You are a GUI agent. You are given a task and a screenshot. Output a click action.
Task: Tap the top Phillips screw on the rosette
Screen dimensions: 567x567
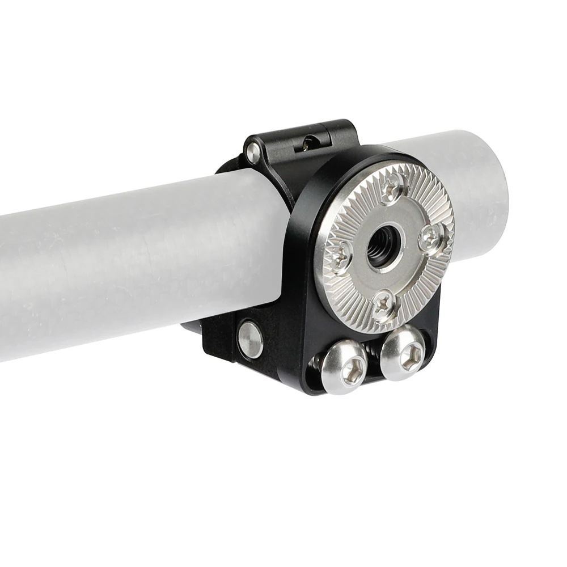tap(393, 188)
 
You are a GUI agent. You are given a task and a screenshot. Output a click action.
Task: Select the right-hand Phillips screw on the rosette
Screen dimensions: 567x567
tap(431, 238)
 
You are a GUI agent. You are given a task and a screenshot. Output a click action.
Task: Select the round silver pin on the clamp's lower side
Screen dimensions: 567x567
tap(250, 339)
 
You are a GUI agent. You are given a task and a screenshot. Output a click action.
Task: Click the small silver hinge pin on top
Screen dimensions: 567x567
tap(252, 151)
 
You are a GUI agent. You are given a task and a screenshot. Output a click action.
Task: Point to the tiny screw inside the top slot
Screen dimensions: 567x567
tap(307, 144)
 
